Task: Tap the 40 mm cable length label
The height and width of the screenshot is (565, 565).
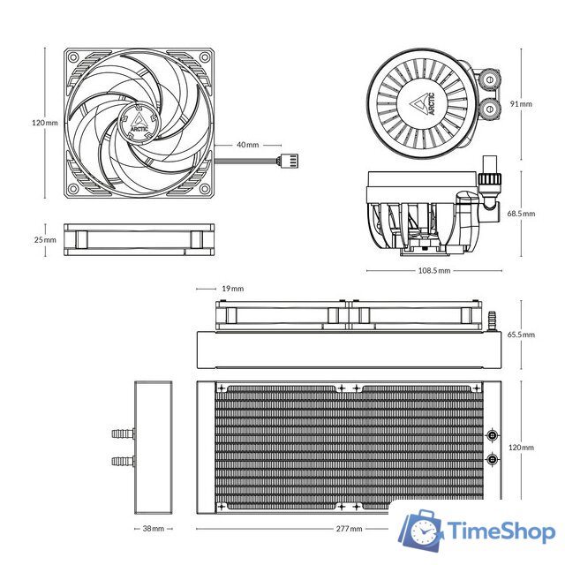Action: (247, 144)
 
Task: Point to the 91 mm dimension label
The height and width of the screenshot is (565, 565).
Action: (521, 103)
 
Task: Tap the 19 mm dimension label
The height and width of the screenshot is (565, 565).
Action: (232, 289)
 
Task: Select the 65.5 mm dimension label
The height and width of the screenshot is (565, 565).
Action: (521, 335)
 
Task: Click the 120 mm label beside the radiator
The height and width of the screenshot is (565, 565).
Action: (522, 448)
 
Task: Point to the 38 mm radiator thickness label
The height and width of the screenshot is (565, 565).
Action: (153, 529)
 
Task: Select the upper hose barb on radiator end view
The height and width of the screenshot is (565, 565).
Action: (120, 434)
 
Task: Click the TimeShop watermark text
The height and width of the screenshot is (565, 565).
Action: (499, 532)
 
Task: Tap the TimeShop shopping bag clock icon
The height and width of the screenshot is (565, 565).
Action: (421, 531)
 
